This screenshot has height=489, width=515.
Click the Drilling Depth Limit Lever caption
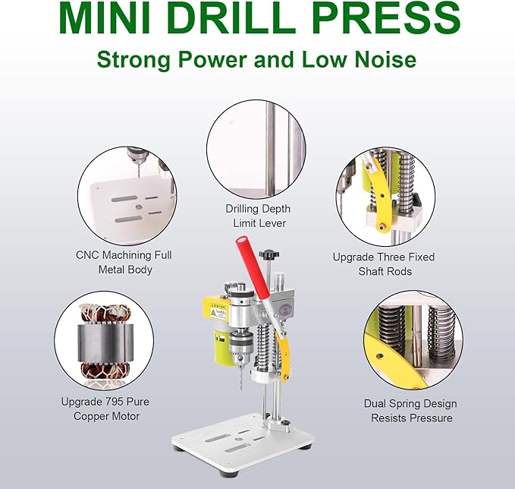tap(258, 216)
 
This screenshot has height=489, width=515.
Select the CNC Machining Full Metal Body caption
tap(124, 262)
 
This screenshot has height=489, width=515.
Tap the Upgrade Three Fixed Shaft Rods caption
tap(383, 263)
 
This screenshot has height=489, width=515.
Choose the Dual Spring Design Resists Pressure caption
tap(410, 411)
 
